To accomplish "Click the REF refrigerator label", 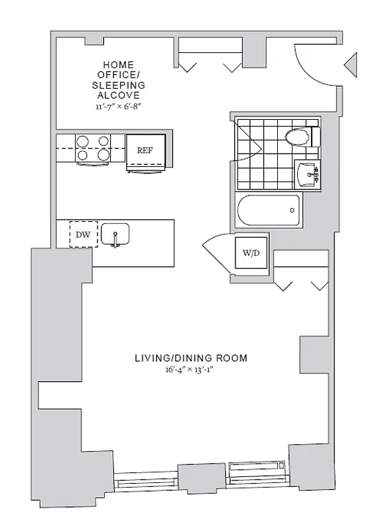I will [x=145, y=150].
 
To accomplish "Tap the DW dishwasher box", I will [x=83, y=234].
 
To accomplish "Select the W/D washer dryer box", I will [x=251, y=252].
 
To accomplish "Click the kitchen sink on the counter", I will [x=115, y=235].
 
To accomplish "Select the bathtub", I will [x=269, y=211].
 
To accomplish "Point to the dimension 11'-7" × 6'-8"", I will [x=118, y=105].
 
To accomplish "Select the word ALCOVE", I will [x=118, y=95].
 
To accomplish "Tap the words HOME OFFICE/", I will [x=118, y=70].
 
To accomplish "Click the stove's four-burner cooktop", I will [x=93, y=148].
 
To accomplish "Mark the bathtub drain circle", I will [x=292, y=211].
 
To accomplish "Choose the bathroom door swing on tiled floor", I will [x=249, y=142].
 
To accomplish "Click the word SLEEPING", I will [x=118, y=86].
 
